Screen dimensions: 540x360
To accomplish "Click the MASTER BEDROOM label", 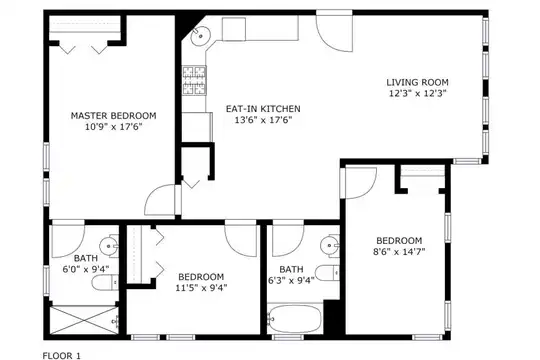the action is click(x=113, y=115).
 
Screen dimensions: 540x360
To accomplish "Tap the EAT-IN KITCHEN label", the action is click(x=263, y=109).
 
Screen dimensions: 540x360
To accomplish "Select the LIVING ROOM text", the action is click(x=417, y=82).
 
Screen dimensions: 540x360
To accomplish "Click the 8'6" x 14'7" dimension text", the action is click(x=399, y=251).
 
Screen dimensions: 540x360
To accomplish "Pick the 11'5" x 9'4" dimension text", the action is click(x=201, y=288).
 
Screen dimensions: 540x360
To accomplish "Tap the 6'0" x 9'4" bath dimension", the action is click(x=86, y=269).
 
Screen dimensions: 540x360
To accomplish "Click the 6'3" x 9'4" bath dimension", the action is click(x=291, y=280).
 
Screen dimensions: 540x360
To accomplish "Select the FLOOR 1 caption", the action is click(x=62, y=356).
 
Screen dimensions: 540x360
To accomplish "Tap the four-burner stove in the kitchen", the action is click(x=194, y=80).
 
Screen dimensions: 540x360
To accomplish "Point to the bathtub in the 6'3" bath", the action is click(x=295, y=319).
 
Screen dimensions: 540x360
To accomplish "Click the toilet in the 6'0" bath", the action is click(x=105, y=283).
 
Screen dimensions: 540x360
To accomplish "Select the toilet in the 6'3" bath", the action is click(x=327, y=273).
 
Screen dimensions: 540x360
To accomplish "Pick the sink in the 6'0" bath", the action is click(x=109, y=246).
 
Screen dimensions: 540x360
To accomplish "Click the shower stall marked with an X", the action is click(x=84, y=320).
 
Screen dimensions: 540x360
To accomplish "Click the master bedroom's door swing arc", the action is click(x=160, y=200).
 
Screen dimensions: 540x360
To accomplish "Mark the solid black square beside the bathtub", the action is click(x=332, y=317).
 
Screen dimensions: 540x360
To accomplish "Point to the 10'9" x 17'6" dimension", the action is click(x=113, y=126).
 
